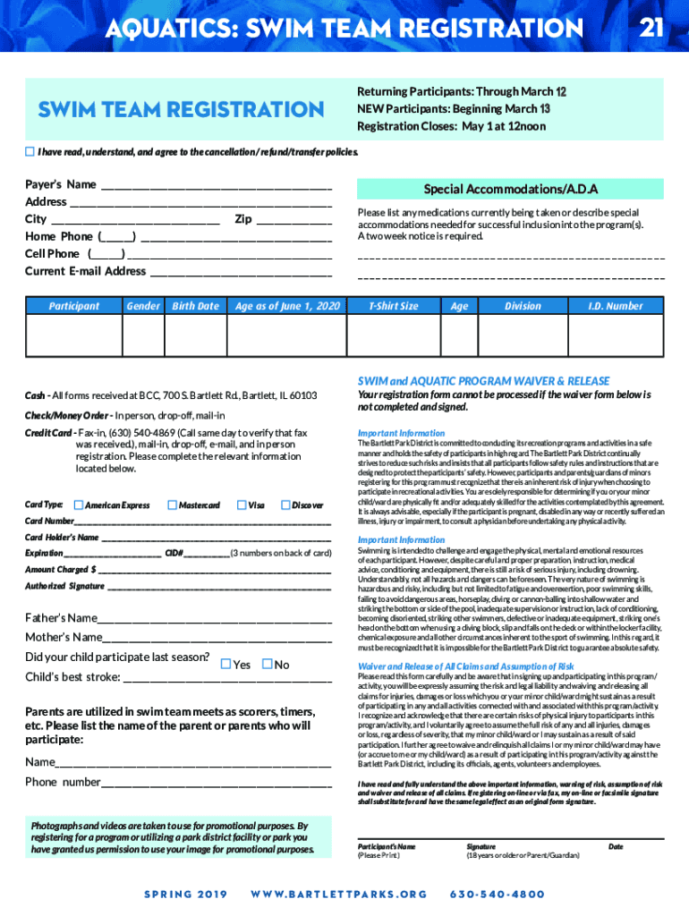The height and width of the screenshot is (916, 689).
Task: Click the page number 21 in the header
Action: tap(651, 29)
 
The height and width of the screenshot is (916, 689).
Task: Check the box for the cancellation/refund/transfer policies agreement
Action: tap(30, 151)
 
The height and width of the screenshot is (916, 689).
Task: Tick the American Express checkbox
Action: tap(79, 505)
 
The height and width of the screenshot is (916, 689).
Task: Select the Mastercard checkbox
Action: tap(173, 505)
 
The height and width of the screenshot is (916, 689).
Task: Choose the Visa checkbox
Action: tap(242, 505)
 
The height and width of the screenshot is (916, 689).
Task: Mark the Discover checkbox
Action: tap(285, 505)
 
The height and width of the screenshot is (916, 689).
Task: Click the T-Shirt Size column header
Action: tap(393, 306)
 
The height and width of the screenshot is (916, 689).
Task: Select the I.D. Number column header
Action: tap(615, 306)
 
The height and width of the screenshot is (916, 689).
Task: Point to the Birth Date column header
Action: tap(195, 306)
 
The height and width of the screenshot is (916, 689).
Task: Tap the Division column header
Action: tap(523, 306)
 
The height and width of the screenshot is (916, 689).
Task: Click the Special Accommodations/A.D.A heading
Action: tap(510, 190)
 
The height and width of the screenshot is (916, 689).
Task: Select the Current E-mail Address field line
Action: tap(242, 273)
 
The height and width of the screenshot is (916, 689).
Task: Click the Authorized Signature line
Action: tap(219, 589)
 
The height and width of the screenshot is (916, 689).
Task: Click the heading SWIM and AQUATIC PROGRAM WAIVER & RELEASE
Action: tap(483, 381)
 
